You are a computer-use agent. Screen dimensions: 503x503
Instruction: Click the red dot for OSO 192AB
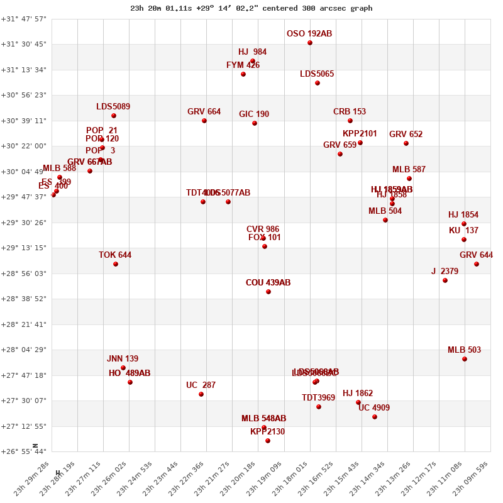pyautogui.click(x=310, y=43)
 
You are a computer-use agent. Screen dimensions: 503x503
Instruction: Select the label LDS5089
pyautogui.click(x=113, y=107)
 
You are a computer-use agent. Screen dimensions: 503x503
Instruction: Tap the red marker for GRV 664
pyautogui.click(x=204, y=121)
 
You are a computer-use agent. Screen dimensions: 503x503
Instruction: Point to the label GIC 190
pyautogui.click(x=254, y=114)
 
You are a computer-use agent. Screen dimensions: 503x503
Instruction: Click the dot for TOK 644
pyautogui.click(x=116, y=264)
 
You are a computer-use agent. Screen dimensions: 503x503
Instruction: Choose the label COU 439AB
pyautogui.click(x=268, y=283)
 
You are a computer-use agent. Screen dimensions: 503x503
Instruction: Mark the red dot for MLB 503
pyautogui.click(x=465, y=359)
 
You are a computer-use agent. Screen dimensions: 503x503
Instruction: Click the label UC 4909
pyautogui.click(x=374, y=408)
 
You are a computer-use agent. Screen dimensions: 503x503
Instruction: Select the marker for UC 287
pyautogui.click(x=201, y=394)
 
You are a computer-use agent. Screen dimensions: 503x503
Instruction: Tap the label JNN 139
pyautogui.click(x=123, y=359)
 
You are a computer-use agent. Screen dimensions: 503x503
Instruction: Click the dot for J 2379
pyautogui.click(x=445, y=280)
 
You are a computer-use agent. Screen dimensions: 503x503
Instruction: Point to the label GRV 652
pyautogui.click(x=406, y=135)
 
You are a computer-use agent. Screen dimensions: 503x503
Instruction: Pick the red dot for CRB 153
pyautogui.click(x=350, y=121)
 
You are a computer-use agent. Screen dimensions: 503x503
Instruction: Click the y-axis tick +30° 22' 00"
pyautogui.click(x=24, y=146)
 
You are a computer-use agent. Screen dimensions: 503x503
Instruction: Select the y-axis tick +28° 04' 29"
pyautogui.click(x=24, y=350)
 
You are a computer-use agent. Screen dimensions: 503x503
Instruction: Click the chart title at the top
pyautogui.click(x=251, y=8)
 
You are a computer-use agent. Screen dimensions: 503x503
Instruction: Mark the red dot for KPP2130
pyautogui.click(x=268, y=441)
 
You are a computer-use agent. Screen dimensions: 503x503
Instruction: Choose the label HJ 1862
pyautogui.click(x=358, y=394)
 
